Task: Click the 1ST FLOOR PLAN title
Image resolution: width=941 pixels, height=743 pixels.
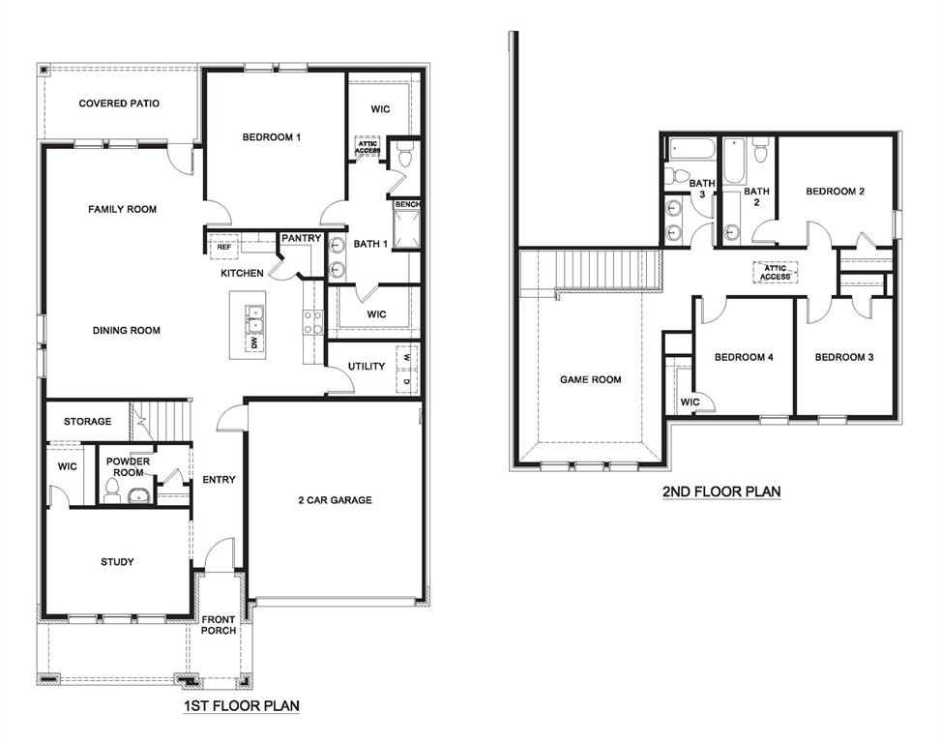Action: point(241,707)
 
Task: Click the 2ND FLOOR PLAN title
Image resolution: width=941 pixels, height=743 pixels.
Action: point(720,491)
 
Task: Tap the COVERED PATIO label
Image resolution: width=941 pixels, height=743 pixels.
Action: point(119,104)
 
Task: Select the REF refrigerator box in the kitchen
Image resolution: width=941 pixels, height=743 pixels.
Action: point(224,247)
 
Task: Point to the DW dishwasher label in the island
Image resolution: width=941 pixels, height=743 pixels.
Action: point(254,342)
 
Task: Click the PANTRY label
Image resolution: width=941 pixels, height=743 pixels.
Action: point(301,238)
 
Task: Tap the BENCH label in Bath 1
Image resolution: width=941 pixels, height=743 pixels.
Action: point(406,205)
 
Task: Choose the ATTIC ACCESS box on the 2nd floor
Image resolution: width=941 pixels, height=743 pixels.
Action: point(775,272)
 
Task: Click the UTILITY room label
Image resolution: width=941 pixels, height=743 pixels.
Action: point(367,367)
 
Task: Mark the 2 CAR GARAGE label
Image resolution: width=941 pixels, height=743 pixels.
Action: point(335,500)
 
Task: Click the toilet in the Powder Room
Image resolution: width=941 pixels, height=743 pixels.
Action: point(111,491)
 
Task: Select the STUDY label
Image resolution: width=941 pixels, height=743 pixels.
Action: point(117,562)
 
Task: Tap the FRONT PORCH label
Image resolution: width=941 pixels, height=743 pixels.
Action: point(219,626)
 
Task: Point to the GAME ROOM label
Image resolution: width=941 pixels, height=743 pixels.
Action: point(590,380)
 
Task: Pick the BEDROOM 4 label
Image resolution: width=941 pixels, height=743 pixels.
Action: point(743,358)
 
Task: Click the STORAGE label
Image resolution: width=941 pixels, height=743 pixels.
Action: point(87,422)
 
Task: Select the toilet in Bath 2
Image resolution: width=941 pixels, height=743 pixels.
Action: point(760,153)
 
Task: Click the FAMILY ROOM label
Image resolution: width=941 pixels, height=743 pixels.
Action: point(122,209)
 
